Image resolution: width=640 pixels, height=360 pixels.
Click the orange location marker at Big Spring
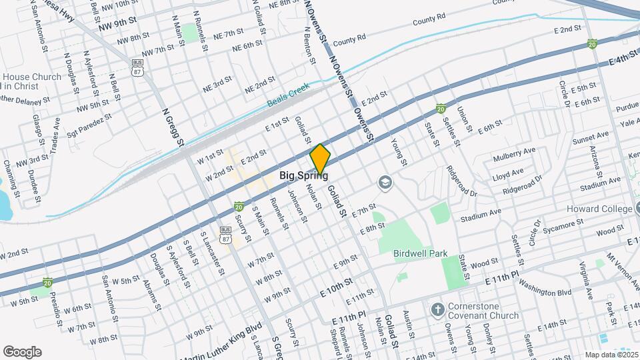pyautogui.click(x=320, y=159)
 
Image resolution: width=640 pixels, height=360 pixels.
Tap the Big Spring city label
pyautogui.click(x=303, y=176)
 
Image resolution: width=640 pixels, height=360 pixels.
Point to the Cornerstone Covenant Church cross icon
pyautogui.click(x=437, y=310)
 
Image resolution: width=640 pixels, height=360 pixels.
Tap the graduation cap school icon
pyautogui.click(x=385, y=181)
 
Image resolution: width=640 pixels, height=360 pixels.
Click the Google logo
pyautogui.click(x=22, y=351)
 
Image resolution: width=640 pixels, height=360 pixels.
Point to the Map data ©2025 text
pyautogui.click(x=611, y=355)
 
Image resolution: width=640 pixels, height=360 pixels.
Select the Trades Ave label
pyautogui.click(x=57, y=132)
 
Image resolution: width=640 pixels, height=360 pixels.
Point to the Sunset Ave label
pyautogui.click(x=590, y=139)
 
